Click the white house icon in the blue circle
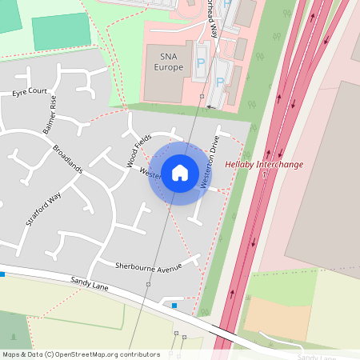(179, 172)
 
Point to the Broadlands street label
(67, 159)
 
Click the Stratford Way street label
(43, 210)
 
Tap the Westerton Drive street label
(210, 163)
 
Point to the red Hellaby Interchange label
(264, 164)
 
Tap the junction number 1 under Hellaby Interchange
(264, 174)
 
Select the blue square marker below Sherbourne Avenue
(174, 305)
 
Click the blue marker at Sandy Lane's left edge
(2, 274)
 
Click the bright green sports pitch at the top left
(61, 31)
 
